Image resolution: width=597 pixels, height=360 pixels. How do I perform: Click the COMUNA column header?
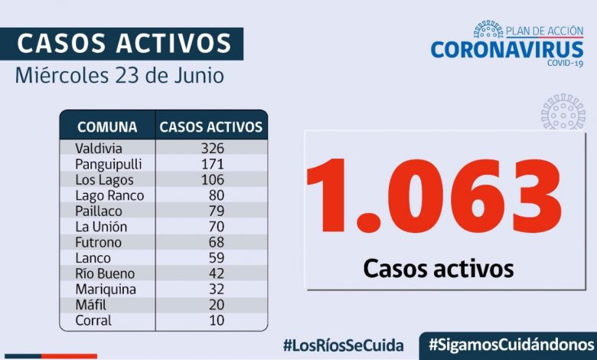coord(108,127)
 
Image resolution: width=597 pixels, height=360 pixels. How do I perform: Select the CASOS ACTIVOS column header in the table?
coord(210,127)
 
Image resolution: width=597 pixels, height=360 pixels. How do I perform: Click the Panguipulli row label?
coord(109,164)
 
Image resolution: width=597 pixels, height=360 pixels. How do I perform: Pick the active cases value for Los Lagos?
coord(211,180)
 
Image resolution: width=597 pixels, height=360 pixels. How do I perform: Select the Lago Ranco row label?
coord(109,195)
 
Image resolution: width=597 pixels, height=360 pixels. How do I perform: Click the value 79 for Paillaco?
coord(211,211)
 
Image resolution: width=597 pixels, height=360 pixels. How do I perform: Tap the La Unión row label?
coord(101,227)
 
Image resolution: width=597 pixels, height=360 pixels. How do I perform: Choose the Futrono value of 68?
coord(211,242)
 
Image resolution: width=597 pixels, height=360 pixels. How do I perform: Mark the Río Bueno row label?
coord(105,273)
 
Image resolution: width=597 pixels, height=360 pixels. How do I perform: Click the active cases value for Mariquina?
coord(211,289)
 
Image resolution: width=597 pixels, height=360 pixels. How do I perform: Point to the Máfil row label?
coord(92,305)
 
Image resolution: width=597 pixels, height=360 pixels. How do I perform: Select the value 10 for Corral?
coord(211,320)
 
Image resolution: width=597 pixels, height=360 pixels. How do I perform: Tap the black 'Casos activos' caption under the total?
coord(438,269)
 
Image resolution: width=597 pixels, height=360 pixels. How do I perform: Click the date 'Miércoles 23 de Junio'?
coord(119,77)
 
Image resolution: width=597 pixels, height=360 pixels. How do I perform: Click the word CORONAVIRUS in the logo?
coord(507,50)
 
